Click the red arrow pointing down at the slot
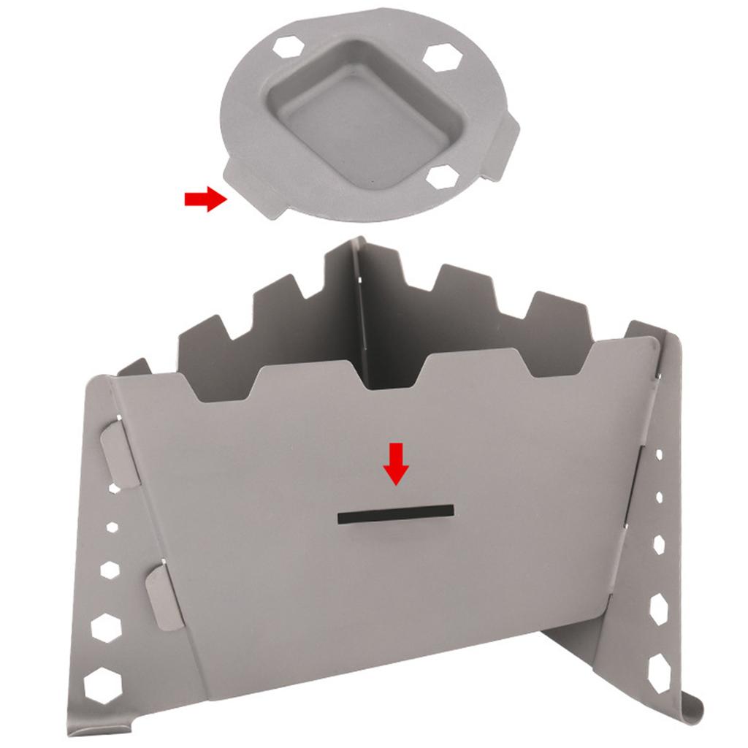tap(397, 465)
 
